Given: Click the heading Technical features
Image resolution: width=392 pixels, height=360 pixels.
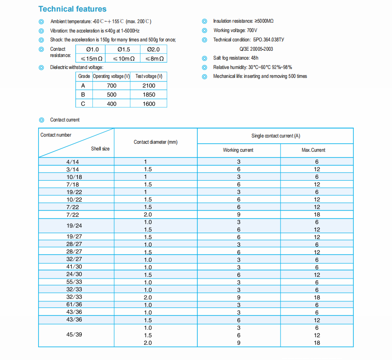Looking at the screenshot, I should [x=72, y=9].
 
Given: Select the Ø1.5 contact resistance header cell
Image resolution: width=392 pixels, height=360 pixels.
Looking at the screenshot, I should [x=124, y=49].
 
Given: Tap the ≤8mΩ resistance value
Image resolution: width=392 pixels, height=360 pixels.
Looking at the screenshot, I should [x=154, y=58].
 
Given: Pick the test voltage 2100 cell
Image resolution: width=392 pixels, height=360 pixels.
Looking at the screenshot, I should [x=149, y=85].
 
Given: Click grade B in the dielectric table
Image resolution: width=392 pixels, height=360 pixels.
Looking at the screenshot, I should [x=83, y=94].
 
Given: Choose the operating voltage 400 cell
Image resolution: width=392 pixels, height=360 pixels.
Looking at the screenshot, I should [x=112, y=104].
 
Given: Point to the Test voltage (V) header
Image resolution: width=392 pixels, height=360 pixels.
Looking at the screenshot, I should [x=149, y=76].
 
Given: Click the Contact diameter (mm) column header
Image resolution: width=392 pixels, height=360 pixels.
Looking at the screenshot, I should [x=156, y=142].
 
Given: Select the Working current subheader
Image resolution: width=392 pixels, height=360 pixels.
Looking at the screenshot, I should [x=238, y=150].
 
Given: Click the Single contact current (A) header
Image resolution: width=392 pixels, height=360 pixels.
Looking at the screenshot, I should [x=276, y=136].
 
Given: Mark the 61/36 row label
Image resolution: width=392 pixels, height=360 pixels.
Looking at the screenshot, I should [x=74, y=305].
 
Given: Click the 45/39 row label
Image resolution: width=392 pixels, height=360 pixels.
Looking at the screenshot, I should [x=74, y=335].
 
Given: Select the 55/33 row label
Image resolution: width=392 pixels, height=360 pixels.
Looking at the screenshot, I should [x=74, y=282].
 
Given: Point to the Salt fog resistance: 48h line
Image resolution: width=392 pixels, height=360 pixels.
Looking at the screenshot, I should [x=236, y=58].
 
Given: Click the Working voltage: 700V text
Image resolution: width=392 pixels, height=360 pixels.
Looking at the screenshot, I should [x=235, y=30].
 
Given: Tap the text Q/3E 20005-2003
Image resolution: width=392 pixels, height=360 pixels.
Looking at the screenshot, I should [x=256, y=49].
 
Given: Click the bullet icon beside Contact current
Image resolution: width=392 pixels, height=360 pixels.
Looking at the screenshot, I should [x=42, y=120].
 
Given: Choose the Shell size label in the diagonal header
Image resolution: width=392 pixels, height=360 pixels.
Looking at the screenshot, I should [x=100, y=149].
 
